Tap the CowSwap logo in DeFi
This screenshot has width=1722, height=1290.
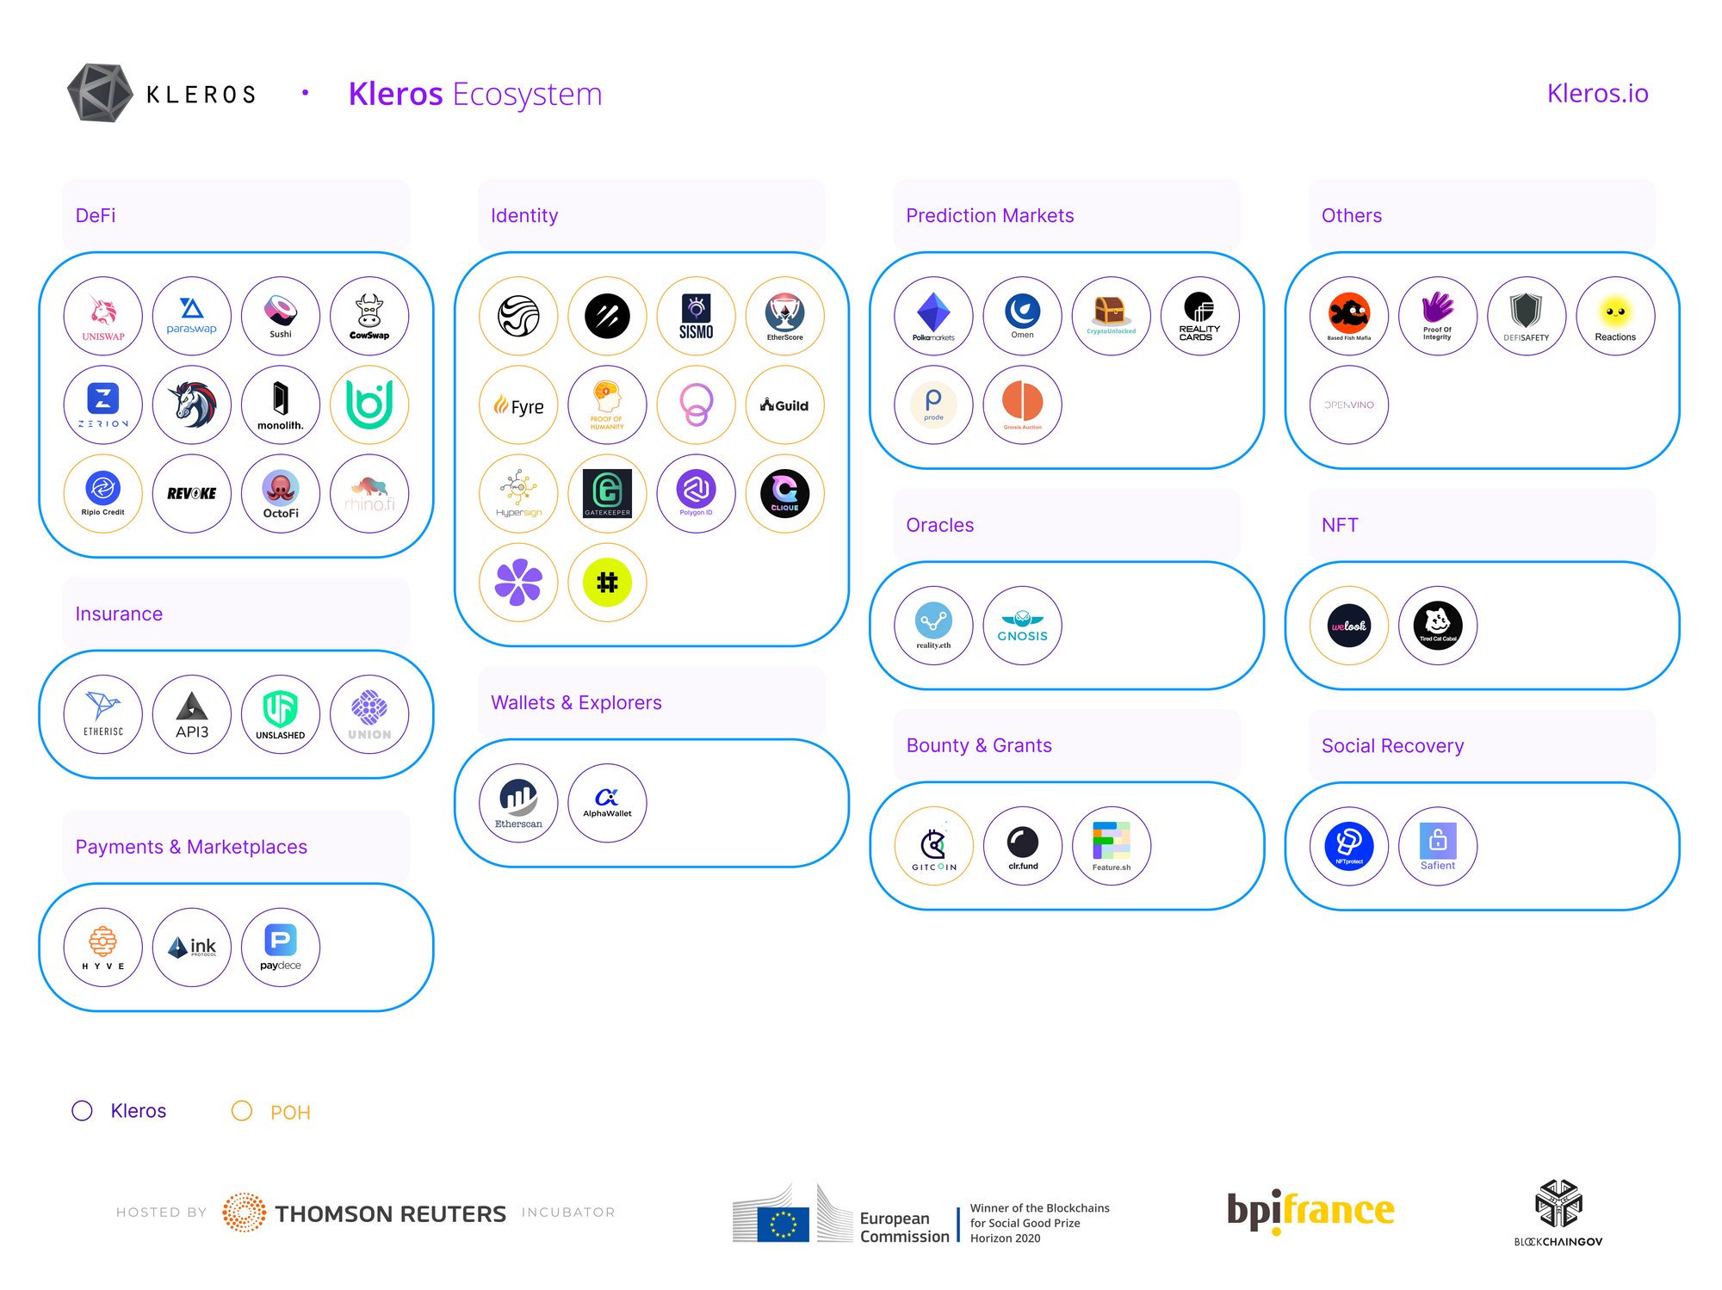[369, 315]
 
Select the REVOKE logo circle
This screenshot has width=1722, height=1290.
[192, 493]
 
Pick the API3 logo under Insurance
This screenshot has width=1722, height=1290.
[192, 714]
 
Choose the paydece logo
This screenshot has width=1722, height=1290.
[281, 947]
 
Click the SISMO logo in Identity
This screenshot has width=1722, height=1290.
[696, 315]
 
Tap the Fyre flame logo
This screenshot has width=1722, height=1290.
[518, 405]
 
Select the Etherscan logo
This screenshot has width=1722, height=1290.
[518, 802]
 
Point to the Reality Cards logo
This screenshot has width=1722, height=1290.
[1199, 315]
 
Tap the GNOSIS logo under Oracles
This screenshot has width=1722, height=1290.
[1022, 626]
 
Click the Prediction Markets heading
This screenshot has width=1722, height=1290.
[989, 215]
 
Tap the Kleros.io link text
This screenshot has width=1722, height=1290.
[1597, 93]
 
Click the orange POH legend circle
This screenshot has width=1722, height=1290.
[242, 1111]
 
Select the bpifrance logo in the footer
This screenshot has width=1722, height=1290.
[1310, 1211]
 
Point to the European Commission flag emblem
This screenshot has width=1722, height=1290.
[783, 1224]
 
